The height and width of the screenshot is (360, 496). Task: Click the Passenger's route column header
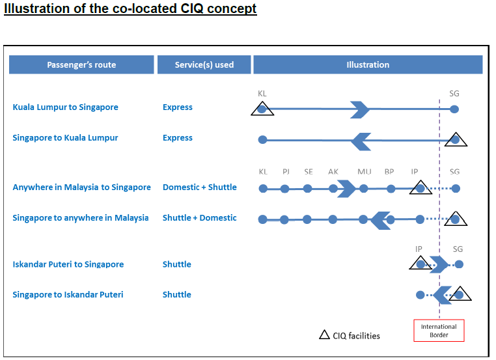pyautogui.click(x=81, y=65)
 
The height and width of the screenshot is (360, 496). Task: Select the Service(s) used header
pyautogui.click(x=204, y=65)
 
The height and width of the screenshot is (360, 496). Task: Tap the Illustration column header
pyautogui.click(x=368, y=65)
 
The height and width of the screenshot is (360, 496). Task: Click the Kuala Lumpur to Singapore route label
pyautogui.click(x=66, y=107)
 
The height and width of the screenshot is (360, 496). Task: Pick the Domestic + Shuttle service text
pyautogui.click(x=200, y=187)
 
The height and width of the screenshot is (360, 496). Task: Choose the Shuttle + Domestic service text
pyautogui.click(x=200, y=218)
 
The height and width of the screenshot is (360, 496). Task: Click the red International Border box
pyautogui.click(x=439, y=331)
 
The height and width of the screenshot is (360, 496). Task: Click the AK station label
pyautogui.click(x=333, y=172)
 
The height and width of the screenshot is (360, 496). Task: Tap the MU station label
pyautogui.click(x=365, y=172)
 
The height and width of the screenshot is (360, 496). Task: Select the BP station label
pyautogui.click(x=389, y=172)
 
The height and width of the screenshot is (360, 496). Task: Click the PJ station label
pyautogui.click(x=286, y=172)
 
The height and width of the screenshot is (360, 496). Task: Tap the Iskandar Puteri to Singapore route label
pyautogui.click(x=68, y=264)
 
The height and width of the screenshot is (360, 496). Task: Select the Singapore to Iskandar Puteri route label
pyautogui.click(x=68, y=295)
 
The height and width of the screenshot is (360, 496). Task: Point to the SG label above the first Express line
pyautogui.click(x=454, y=94)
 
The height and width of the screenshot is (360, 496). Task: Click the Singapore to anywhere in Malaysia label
pyautogui.click(x=81, y=218)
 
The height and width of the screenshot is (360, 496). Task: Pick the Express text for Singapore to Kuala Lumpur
pyautogui.click(x=178, y=138)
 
